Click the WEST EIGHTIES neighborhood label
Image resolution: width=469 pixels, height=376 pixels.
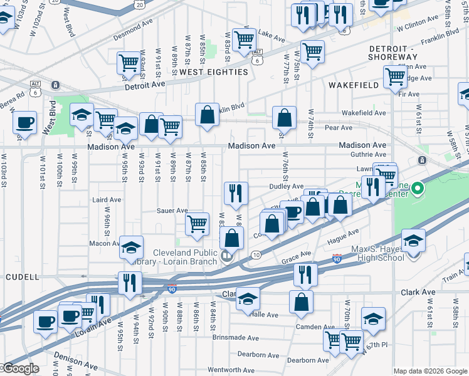click(x=214, y=72)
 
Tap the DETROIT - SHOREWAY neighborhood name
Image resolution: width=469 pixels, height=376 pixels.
click(x=391, y=53)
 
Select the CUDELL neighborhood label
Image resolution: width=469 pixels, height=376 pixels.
click(x=23, y=276)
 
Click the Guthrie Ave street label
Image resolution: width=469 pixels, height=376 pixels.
click(x=369, y=154)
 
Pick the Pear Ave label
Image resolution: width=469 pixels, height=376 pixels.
click(x=339, y=128)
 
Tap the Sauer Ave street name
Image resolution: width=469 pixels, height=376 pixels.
click(x=172, y=211)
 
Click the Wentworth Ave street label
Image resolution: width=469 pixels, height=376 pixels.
click(x=231, y=370)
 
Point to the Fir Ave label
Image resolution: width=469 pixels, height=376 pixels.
click(x=408, y=94)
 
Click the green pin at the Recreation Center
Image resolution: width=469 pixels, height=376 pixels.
click(x=414, y=189)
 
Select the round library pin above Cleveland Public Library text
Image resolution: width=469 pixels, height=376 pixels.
click(x=226, y=256)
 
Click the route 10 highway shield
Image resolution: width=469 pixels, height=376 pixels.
click(x=256, y=254)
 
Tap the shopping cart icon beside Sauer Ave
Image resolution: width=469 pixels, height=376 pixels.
click(x=198, y=224)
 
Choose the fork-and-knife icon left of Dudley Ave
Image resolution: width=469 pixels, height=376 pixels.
click(x=236, y=193)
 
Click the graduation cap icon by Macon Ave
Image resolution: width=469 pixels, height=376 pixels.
click(x=132, y=247)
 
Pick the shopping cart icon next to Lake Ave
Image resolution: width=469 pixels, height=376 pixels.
click(x=243, y=40)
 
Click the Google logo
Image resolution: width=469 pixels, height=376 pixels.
click(x=20, y=369)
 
